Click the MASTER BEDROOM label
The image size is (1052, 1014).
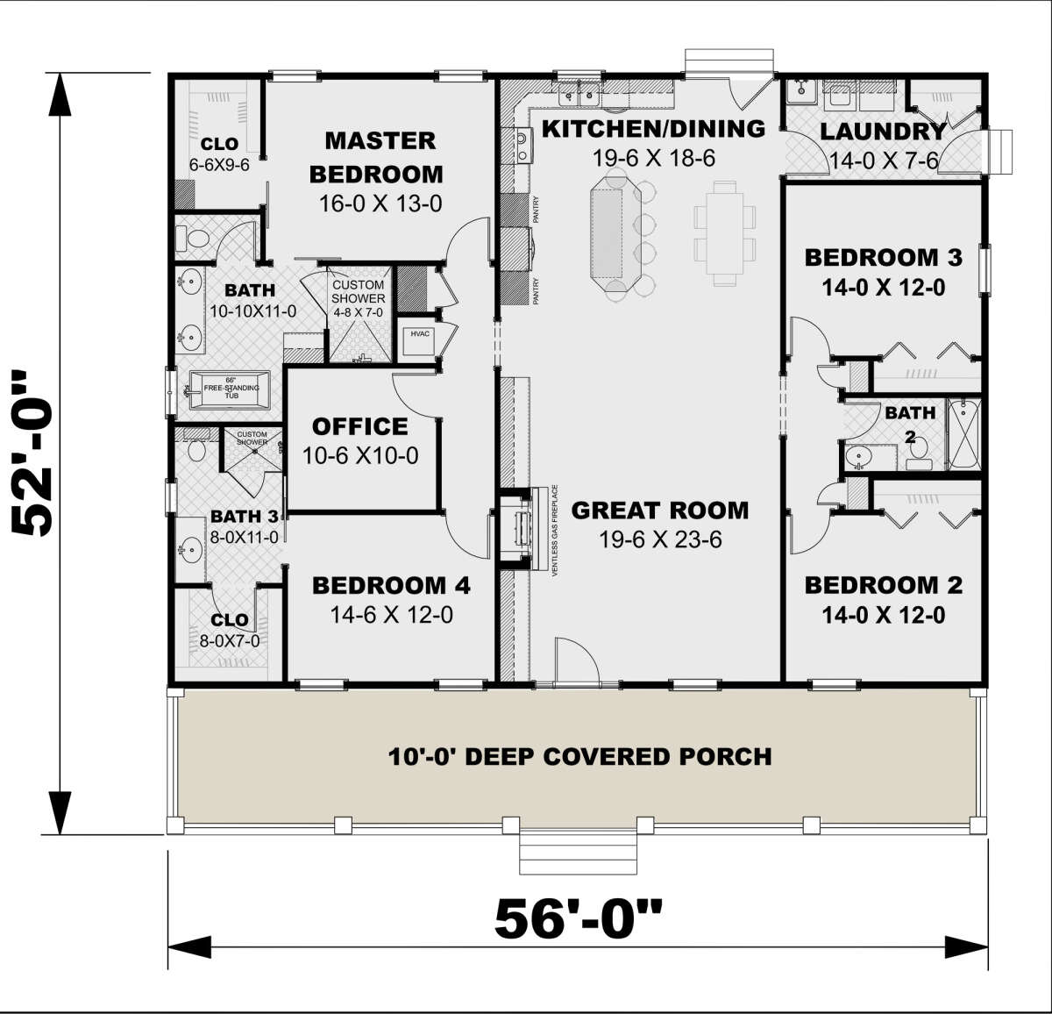coord(380,158)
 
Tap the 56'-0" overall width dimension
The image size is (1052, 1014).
coord(578,919)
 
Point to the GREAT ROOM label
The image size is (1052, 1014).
coord(660,511)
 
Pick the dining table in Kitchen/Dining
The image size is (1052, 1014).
coord(724,233)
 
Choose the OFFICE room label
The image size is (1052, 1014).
coord(360,427)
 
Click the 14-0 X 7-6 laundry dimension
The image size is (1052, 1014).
coord(884,161)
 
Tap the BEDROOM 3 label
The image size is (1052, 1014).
coord(883,258)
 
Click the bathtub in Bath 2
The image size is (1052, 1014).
coord(965,435)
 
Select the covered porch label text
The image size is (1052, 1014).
coord(579,756)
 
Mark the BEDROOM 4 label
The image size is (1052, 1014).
coord(391,585)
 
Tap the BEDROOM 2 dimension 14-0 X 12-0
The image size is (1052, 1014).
coord(883,615)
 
